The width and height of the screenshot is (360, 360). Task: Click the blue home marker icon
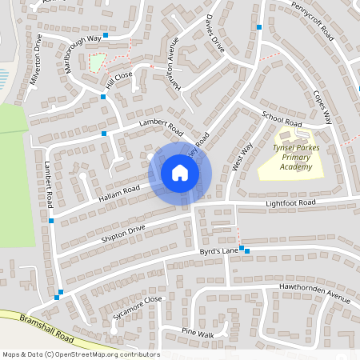click(x=180, y=173)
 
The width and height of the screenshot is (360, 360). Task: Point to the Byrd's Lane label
click(x=219, y=252)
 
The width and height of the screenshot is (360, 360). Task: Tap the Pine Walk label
click(x=198, y=333)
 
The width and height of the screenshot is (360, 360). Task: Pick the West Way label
click(x=237, y=155)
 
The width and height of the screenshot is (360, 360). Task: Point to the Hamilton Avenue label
click(x=175, y=67)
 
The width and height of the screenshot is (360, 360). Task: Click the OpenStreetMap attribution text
click(x=81, y=354)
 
